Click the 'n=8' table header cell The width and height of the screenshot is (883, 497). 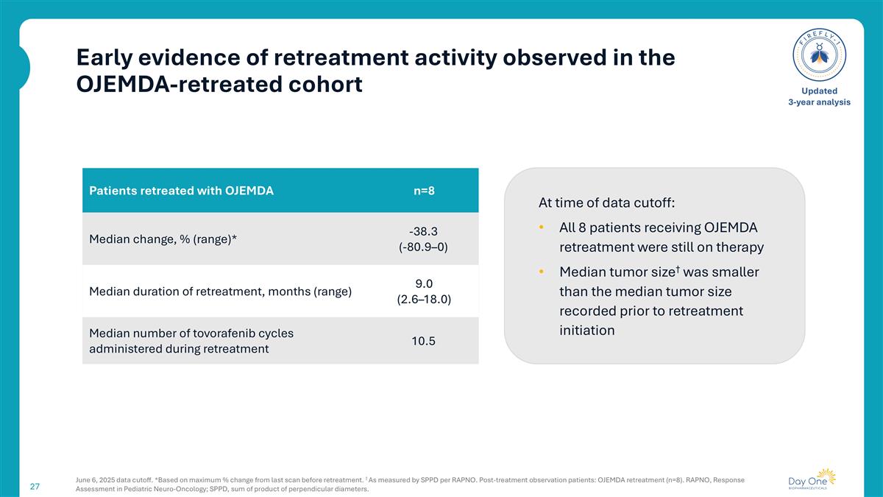click(423, 191)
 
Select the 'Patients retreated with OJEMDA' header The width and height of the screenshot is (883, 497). click(181, 191)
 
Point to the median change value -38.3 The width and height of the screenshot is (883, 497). click(423, 230)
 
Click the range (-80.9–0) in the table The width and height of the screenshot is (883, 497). click(423, 247)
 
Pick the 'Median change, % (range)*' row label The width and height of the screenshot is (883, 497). click(168, 239)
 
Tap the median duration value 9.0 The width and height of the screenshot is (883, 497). click(423, 283)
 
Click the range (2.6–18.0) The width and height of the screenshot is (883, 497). click(423, 300)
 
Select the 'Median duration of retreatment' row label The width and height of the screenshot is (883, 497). click(220, 292)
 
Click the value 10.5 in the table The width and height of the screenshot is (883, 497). click(423, 341)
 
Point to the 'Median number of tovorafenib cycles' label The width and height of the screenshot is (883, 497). click(191, 334)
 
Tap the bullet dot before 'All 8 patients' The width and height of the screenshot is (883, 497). click(542, 228)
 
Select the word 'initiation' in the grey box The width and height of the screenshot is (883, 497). click(586, 331)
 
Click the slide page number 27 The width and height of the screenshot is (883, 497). click(35, 486)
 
